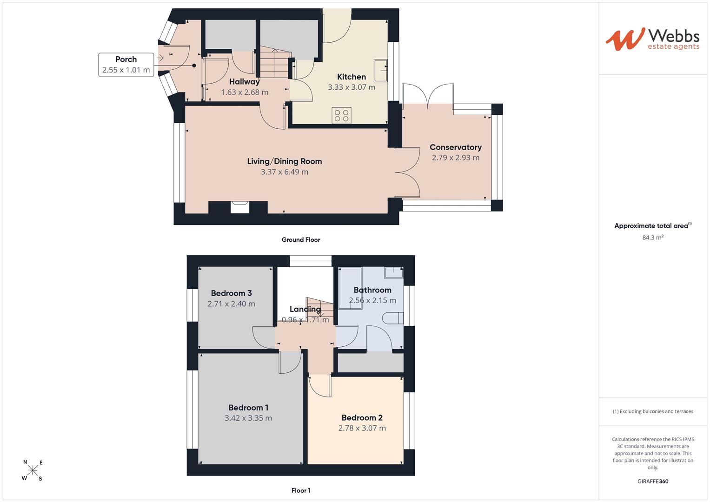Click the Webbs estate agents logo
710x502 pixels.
(x=653, y=40)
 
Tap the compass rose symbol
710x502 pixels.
(x=33, y=470)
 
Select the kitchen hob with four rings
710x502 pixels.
(x=341, y=115)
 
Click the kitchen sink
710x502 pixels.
(x=380, y=70)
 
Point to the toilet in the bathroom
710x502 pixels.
(x=393, y=318)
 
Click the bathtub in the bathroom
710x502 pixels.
(x=350, y=288)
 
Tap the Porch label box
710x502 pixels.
(x=126, y=65)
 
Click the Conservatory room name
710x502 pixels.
(x=456, y=147)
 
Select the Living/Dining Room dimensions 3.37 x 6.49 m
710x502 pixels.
(x=284, y=172)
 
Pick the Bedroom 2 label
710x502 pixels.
(x=362, y=418)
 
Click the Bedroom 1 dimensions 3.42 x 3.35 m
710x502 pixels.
(x=248, y=418)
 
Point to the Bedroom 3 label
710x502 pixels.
(x=232, y=293)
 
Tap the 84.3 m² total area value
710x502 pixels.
(x=653, y=237)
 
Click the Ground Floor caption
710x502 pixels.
(x=301, y=239)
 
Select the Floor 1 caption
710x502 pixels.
(x=301, y=490)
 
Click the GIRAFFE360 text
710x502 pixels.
(x=653, y=481)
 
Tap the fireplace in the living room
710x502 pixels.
(x=239, y=207)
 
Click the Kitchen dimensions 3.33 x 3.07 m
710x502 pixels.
(x=351, y=87)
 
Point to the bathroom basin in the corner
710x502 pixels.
(x=394, y=272)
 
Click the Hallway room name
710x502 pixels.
(x=245, y=82)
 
